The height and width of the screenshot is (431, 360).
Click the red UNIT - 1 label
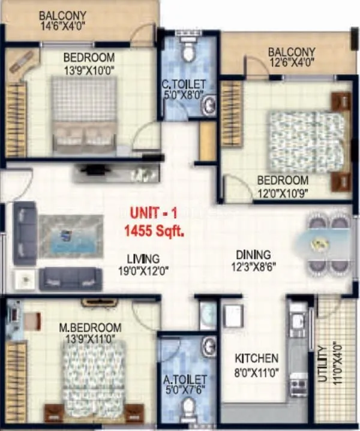(154, 213)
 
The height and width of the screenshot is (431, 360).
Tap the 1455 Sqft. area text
(154, 228)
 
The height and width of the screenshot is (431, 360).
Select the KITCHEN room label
(256, 358)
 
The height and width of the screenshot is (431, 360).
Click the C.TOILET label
(187, 84)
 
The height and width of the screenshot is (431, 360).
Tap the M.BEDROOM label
(90, 328)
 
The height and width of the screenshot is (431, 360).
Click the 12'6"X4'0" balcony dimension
(292, 62)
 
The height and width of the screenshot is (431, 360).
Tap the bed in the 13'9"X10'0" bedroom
(83, 113)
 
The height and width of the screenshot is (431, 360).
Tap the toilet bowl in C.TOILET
(188, 52)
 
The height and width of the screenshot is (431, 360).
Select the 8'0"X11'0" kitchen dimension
(256, 371)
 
